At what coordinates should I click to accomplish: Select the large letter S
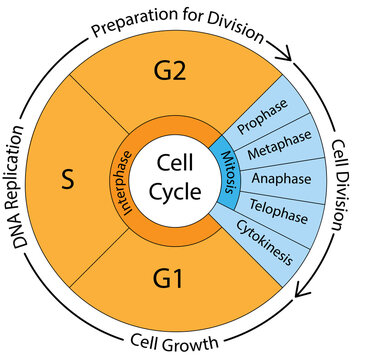tap(67, 182)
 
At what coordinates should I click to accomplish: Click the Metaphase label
tap(271, 155)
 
